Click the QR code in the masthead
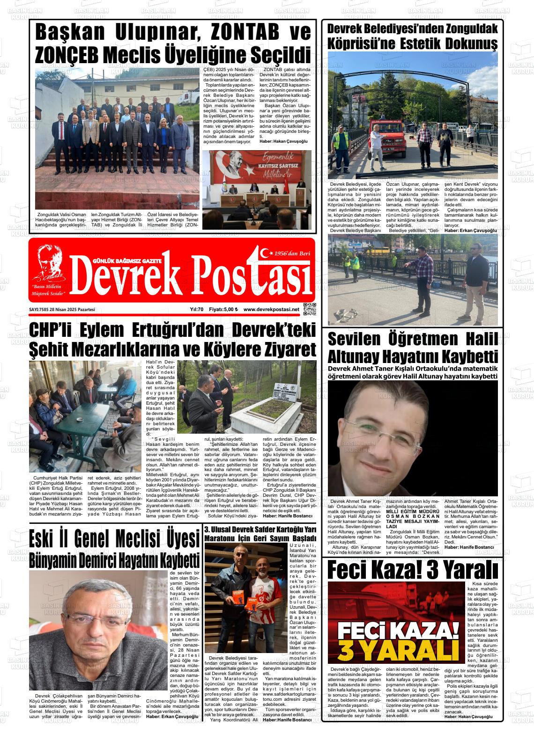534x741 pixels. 310,309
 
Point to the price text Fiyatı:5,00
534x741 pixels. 223,310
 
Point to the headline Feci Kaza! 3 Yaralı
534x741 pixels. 412,570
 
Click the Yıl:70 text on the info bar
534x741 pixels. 196,310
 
